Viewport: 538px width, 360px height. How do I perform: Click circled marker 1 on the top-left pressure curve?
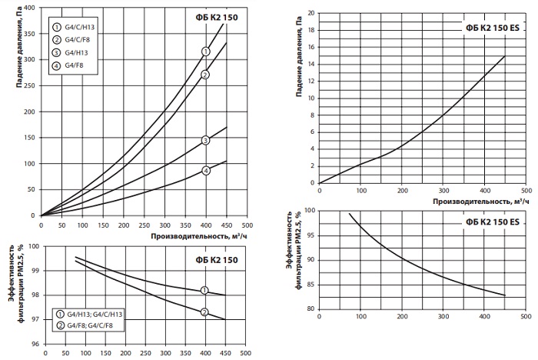(x=205, y=52)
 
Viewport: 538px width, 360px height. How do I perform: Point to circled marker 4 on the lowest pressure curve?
(x=205, y=171)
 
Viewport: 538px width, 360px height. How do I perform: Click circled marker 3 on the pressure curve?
(x=205, y=140)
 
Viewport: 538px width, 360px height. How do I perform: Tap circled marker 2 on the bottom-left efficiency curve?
(x=204, y=312)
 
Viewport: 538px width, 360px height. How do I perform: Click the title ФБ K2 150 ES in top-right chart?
(x=492, y=28)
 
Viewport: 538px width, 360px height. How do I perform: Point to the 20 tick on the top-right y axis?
(x=310, y=12)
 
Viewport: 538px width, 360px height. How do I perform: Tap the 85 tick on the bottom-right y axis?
(x=310, y=284)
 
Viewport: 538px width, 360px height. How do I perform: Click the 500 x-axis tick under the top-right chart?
(x=525, y=190)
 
